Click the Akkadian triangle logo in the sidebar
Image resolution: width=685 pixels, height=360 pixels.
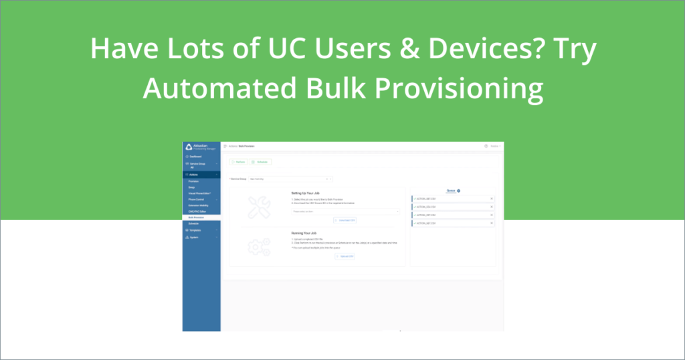point(189,147)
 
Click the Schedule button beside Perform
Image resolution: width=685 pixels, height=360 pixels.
point(260,162)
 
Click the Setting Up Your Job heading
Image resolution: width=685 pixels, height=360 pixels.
point(309,193)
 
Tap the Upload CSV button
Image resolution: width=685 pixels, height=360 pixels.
point(345,256)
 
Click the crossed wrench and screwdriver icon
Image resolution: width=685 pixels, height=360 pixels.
point(257,207)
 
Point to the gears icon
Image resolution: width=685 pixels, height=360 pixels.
point(258,247)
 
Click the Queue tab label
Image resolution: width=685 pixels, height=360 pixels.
point(450,191)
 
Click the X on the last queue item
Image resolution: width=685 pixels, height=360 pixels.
point(492,223)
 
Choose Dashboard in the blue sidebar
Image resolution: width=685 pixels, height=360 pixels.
point(196,156)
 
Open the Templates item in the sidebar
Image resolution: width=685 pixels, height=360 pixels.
point(196,230)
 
